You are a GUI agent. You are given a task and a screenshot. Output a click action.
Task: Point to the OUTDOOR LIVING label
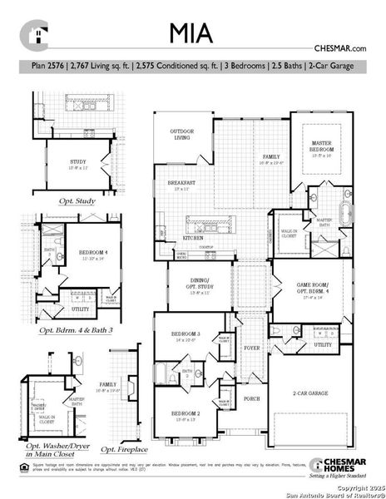181,134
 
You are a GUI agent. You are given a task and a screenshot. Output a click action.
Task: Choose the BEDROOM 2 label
186,413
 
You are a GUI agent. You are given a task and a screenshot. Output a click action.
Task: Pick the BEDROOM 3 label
187,335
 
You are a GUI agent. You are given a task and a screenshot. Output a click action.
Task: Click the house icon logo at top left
35,34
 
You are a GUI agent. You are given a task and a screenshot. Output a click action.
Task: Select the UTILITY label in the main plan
323,344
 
